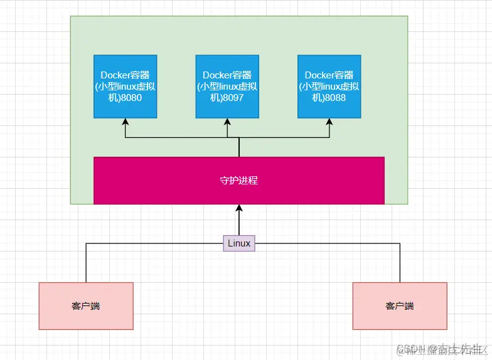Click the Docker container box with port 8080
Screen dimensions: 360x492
point(125,86)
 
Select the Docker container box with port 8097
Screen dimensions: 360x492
point(227,86)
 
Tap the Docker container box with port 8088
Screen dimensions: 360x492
point(329,86)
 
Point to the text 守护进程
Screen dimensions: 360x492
point(238,181)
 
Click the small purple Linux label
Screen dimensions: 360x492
point(238,243)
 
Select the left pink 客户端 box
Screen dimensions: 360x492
point(86,306)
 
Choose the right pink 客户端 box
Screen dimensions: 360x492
point(400,306)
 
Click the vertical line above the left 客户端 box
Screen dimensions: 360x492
point(86,263)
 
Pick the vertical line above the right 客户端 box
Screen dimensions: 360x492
point(400,263)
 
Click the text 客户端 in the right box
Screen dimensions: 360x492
point(400,306)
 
